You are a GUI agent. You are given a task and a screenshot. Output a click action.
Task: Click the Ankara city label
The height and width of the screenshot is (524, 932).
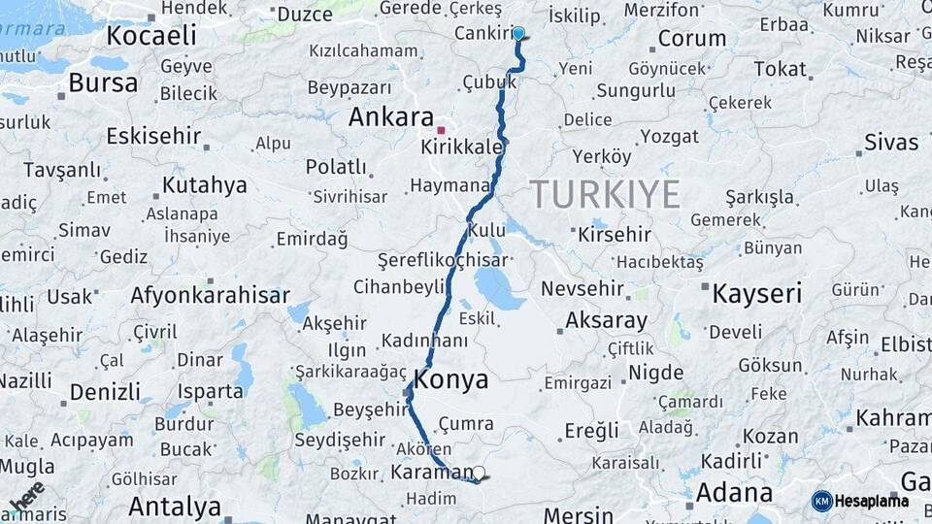click(390, 117)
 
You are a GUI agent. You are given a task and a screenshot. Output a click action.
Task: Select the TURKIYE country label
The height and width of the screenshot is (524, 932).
click(605, 195)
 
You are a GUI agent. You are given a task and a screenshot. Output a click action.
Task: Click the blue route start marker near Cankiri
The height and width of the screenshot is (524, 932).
click(518, 34)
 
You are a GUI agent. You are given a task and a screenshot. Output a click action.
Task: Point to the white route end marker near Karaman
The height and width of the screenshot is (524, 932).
click(478, 474)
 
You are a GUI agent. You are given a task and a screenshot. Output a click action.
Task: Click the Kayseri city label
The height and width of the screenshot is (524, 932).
click(757, 293)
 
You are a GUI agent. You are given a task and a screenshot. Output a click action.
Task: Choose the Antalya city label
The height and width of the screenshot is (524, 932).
click(175, 507)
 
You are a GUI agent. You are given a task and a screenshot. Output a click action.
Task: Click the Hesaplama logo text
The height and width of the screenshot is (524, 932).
click(871, 501)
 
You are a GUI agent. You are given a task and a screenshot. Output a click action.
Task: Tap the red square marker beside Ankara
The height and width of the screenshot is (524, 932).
click(441, 129)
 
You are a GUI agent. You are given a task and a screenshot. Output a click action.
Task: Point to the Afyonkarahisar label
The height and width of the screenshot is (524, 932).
click(210, 295)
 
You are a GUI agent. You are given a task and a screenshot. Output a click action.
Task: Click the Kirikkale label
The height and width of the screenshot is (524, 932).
click(462, 147)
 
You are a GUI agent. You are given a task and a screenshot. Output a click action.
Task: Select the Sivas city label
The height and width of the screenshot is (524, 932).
click(891, 143)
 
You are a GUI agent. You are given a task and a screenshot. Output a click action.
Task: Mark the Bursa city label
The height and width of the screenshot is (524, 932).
click(103, 83)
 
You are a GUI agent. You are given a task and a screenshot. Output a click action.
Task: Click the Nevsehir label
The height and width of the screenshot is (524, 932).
click(582, 289)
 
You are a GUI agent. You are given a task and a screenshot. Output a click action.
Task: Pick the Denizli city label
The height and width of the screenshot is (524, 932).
click(105, 392)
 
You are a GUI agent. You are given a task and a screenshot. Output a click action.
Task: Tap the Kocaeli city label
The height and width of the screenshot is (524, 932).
click(150, 36)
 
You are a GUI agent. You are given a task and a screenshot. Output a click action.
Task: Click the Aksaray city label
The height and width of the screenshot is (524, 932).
click(606, 320)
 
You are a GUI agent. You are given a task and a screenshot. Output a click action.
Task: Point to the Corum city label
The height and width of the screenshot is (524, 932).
click(691, 40)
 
